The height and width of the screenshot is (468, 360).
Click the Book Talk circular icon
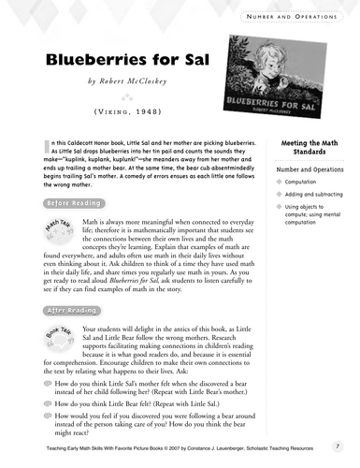click(57, 338)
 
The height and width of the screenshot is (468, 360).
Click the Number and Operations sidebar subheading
click(308, 169)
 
